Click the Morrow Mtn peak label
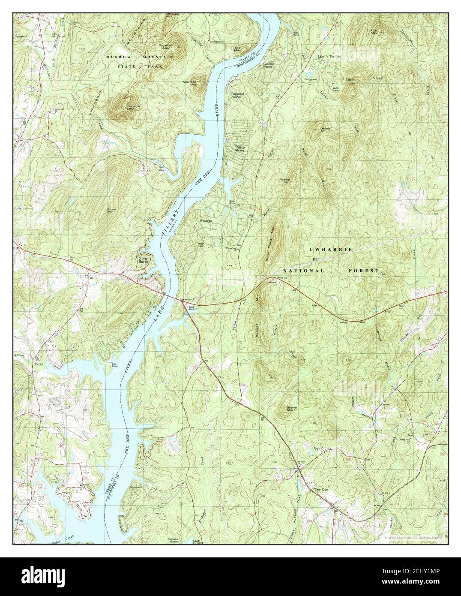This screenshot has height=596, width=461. [x=123, y=108]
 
